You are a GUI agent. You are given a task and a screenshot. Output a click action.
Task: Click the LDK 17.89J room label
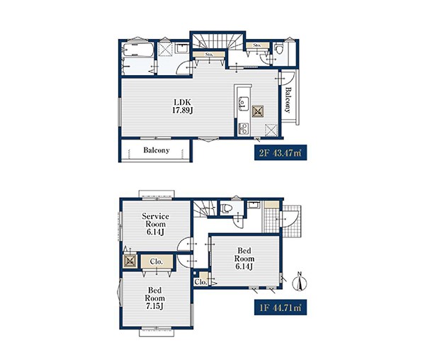183,106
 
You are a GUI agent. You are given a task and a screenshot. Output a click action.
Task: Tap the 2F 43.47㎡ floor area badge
280,152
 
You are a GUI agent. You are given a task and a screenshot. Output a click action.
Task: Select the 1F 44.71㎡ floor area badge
280,307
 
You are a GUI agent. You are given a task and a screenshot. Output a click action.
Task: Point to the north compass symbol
300,282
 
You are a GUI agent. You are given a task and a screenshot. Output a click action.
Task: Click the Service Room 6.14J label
155,224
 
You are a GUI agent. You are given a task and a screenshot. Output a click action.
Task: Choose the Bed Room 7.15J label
154,298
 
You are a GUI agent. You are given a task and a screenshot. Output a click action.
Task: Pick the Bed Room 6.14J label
244,259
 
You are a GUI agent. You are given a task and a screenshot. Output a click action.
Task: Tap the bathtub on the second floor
138,50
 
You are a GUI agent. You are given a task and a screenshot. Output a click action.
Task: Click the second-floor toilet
278,50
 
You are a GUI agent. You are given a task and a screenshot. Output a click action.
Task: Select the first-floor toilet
227,208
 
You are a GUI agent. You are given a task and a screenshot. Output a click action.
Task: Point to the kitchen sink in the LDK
243,103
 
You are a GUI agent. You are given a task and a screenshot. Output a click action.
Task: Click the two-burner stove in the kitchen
244,129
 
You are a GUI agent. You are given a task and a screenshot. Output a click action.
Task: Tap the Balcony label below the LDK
157,150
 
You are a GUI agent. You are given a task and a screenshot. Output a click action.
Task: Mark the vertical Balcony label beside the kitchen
288,100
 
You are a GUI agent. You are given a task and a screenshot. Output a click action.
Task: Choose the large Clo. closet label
157,262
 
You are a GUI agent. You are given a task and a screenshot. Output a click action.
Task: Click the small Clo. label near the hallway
200,282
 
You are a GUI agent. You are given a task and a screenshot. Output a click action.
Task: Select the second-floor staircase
217,41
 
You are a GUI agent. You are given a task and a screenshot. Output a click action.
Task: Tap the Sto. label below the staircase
209,55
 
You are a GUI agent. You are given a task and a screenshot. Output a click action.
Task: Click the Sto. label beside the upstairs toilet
256,45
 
